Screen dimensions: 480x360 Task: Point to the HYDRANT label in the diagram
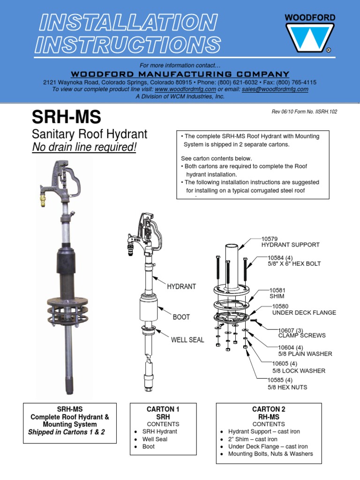tap(181, 286)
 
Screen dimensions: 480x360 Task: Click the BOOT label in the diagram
tap(181, 317)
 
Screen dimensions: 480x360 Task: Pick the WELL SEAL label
tap(187, 340)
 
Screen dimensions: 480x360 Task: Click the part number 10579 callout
tap(270, 239)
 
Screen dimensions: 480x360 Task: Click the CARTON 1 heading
tap(163, 409)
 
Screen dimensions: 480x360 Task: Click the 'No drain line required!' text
tap(84, 148)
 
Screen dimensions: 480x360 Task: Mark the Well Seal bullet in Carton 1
tap(155, 439)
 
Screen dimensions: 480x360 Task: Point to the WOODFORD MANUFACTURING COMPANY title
tap(180, 74)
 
